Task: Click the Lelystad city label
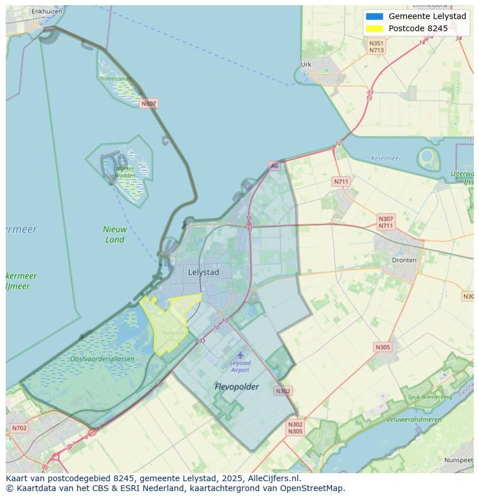click(x=204, y=272)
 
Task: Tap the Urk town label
click(x=306, y=65)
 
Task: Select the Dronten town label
click(x=404, y=260)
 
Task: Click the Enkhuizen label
click(x=47, y=11)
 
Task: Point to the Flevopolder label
click(x=237, y=386)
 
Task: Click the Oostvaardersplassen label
click(x=102, y=359)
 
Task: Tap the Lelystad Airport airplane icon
click(x=240, y=355)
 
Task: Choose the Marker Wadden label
click(x=125, y=172)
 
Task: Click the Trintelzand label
click(x=114, y=79)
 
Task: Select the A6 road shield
click(x=274, y=166)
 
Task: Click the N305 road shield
click(x=382, y=347)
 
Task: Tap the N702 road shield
click(x=19, y=429)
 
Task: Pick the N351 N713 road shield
click(x=377, y=47)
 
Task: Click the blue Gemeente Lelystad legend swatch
click(x=374, y=16)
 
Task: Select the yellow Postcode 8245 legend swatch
click(x=374, y=28)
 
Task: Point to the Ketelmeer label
click(x=386, y=158)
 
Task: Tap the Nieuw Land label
click(x=115, y=234)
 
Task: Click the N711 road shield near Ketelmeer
click(x=341, y=182)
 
